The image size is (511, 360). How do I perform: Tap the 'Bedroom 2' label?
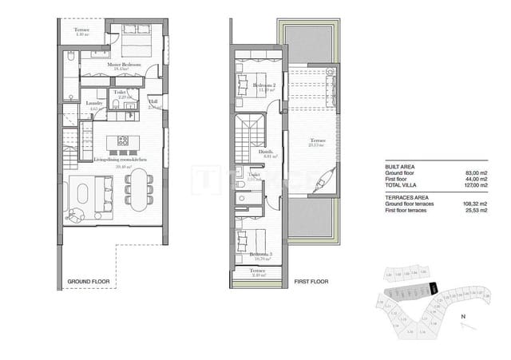coord(264,85)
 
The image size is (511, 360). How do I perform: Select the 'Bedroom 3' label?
coord(259,255)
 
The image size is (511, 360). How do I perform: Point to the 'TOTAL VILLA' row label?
coord(403,185)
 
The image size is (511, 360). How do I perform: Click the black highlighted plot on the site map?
coord(433,288)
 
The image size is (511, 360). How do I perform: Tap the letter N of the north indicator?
coord(464,317)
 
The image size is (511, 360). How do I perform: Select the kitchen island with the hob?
coord(124,143)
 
